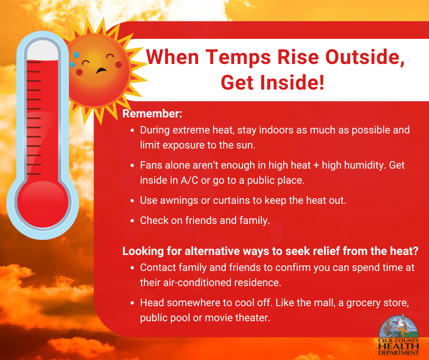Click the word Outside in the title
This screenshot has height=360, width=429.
point(365,57)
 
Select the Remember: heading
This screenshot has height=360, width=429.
point(152,113)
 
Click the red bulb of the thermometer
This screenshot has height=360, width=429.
point(43,204)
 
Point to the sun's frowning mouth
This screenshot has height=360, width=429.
point(101,71)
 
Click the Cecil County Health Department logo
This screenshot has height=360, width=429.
point(398,334)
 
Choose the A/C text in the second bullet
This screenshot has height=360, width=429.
point(189,180)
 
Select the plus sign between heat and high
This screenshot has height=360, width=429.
point(316,165)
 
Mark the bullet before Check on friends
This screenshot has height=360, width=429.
point(132,221)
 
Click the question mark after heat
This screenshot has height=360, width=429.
point(415,251)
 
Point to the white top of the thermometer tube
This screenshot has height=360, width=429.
point(43,51)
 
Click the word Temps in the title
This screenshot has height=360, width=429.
point(238,58)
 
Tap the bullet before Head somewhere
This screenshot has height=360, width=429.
point(132,303)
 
